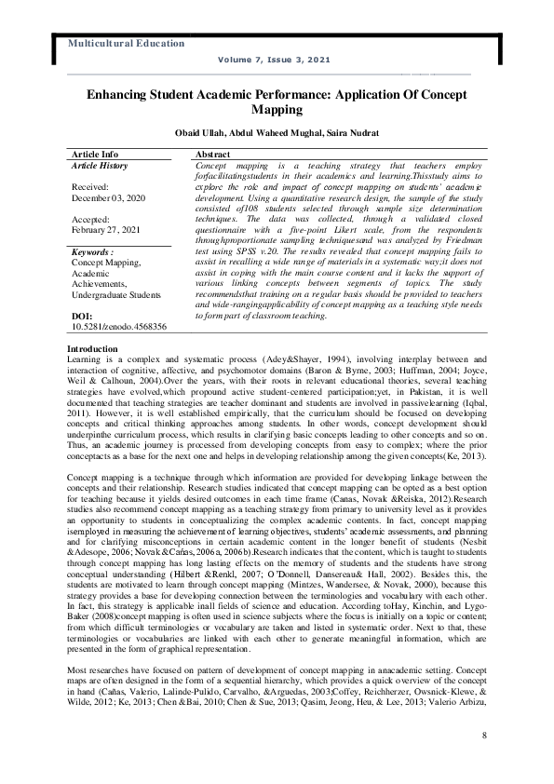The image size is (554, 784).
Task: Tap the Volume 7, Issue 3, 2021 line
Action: click(274, 59)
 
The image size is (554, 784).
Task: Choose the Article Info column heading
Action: click(95, 153)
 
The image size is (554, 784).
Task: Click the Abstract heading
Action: click(214, 153)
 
